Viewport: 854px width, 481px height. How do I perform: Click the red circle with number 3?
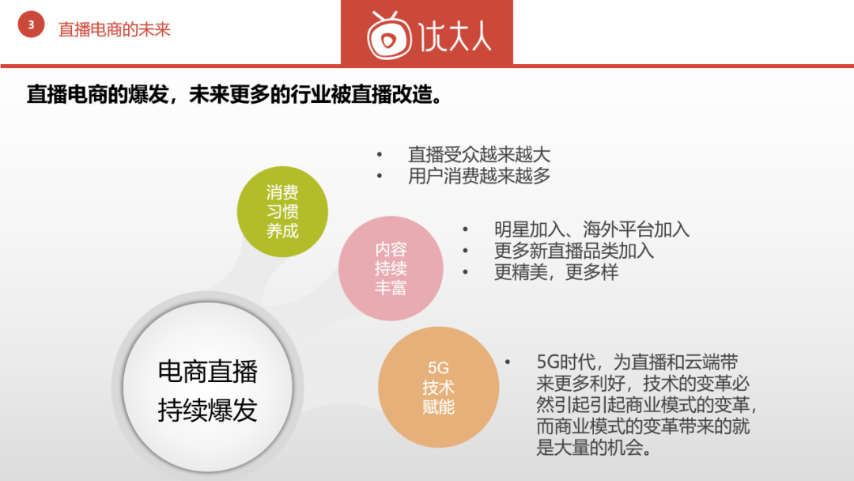tap(31, 25)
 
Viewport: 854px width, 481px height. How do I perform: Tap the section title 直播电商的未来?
tap(115, 29)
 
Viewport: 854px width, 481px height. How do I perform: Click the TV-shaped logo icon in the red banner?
tap(388, 36)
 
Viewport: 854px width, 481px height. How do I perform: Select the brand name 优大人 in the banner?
tap(455, 36)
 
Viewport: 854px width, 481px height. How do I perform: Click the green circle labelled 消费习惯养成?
tap(282, 211)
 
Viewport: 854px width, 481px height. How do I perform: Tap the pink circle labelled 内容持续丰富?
tap(391, 268)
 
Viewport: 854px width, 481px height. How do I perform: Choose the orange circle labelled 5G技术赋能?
tap(438, 387)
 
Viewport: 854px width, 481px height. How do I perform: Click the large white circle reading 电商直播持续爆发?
tap(207, 387)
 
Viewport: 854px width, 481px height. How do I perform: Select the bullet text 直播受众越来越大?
tap(479, 155)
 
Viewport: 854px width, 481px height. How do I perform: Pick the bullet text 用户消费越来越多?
tap(479, 176)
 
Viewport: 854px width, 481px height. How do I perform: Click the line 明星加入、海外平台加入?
tap(591, 229)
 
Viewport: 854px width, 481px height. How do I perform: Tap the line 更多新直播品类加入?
tap(574, 251)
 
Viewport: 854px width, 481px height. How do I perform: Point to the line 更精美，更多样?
tap(556, 272)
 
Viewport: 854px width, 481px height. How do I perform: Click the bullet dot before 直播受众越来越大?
tap(380, 155)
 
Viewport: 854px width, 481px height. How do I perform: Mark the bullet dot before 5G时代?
tap(508, 362)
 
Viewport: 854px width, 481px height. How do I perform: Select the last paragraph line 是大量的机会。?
tap(594, 448)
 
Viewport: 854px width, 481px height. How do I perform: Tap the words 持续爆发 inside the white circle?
tap(207, 410)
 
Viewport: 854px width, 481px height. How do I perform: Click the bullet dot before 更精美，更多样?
tap(465, 272)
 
